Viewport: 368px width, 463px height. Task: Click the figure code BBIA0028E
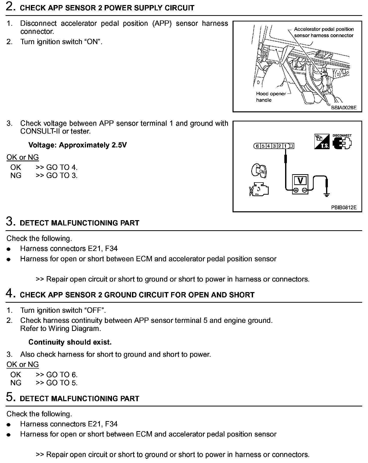click(343, 108)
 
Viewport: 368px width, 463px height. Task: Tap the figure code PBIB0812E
click(343, 208)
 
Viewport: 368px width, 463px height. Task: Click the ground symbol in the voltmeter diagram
click(327, 195)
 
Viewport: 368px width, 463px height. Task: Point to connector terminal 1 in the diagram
click(285, 146)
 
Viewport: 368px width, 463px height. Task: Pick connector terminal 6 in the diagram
click(257, 146)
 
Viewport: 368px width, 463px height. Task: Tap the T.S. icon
click(322, 142)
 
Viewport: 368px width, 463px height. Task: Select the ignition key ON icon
click(259, 171)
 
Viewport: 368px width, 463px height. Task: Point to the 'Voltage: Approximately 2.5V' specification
click(78, 145)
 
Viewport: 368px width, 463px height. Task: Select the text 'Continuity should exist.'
click(70, 342)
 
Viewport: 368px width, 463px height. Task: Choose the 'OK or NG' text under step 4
click(23, 364)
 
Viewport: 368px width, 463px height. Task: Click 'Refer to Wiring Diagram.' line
click(61, 328)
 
